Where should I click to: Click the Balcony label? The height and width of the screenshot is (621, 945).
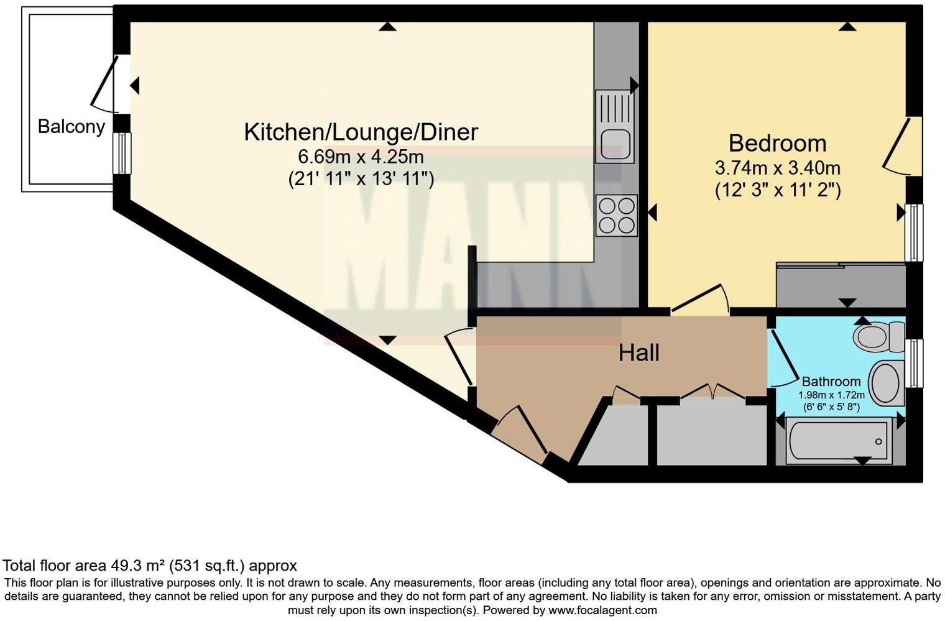(71, 126)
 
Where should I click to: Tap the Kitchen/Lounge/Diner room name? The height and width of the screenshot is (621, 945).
(361, 132)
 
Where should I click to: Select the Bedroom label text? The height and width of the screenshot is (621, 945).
(777, 143)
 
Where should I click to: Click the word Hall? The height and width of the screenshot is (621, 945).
(638, 353)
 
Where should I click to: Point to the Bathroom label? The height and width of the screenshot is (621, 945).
(831, 381)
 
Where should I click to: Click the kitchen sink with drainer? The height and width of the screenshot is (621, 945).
(615, 126)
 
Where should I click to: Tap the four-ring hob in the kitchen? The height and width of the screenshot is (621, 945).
(616, 215)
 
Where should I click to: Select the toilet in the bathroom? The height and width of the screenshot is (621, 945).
(879, 337)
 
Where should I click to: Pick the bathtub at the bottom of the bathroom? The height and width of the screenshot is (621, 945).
(837, 441)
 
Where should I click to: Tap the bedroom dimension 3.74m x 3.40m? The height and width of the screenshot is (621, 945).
(777, 168)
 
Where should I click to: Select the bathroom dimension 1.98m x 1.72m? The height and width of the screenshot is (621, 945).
(831, 395)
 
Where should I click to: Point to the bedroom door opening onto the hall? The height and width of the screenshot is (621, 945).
(699, 299)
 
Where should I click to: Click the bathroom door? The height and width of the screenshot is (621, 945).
(785, 358)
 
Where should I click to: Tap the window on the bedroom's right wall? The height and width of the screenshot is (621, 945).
(913, 232)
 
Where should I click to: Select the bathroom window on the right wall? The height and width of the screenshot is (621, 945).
(913, 362)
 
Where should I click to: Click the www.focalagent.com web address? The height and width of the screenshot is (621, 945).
(602, 610)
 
